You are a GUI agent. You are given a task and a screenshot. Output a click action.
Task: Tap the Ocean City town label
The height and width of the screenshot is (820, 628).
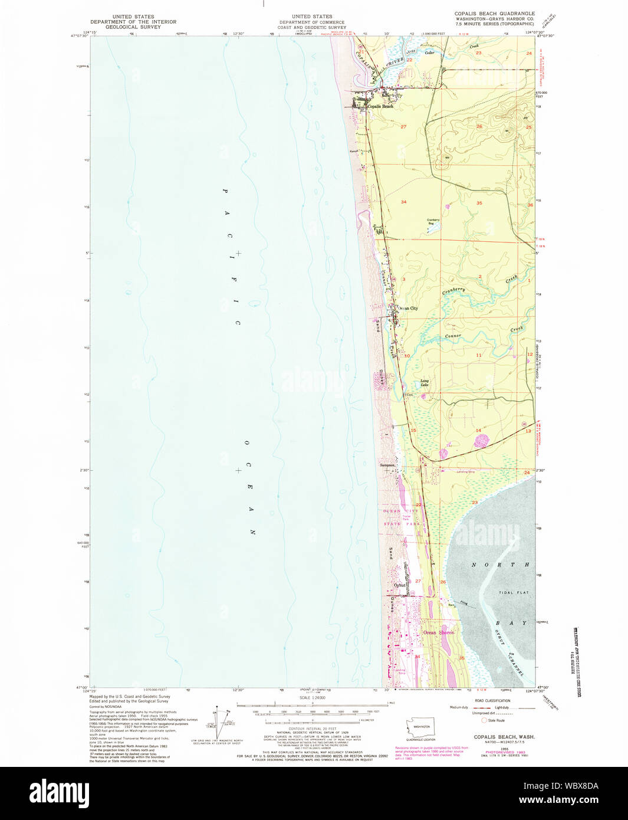pyautogui.click(x=408, y=309)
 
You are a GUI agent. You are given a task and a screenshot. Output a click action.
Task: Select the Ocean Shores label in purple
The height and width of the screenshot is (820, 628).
pyautogui.click(x=439, y=632)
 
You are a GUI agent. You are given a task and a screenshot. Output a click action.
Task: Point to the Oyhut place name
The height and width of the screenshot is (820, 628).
pyautogui.click(x=400, y=585)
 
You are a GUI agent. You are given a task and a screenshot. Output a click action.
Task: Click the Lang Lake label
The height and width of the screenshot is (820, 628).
pyautogui.click(x=425, y=383)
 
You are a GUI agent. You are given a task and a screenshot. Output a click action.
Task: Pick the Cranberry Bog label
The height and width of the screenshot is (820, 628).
pyautogui.click(x=433, y=222)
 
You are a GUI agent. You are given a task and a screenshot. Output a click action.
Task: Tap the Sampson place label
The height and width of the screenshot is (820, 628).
pyautogui.click(x=387, y=465)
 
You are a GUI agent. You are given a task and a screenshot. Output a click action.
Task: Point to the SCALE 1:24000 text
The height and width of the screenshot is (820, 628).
pyautogui.click(x=313, y=697)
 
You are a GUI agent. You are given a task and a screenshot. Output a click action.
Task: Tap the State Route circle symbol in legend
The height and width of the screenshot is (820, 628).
pyautogui.click(x=485, y=720)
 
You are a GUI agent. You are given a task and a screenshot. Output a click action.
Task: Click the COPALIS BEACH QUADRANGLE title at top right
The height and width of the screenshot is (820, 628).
pyautogui.click(x=494, y=13)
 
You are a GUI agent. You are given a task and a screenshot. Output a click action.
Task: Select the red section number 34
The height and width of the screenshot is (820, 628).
pyautogui.click(x=404, y=202)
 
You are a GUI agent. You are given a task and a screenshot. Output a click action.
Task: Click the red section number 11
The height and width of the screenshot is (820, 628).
pyautogui.click(x=479, y=355)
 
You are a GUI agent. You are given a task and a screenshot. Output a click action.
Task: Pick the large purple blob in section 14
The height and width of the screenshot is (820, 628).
pyautogui.click(x=482, y=441)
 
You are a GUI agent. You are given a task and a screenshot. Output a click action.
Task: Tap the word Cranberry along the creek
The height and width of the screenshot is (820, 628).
pyautogui.click(x=453, y=290)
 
